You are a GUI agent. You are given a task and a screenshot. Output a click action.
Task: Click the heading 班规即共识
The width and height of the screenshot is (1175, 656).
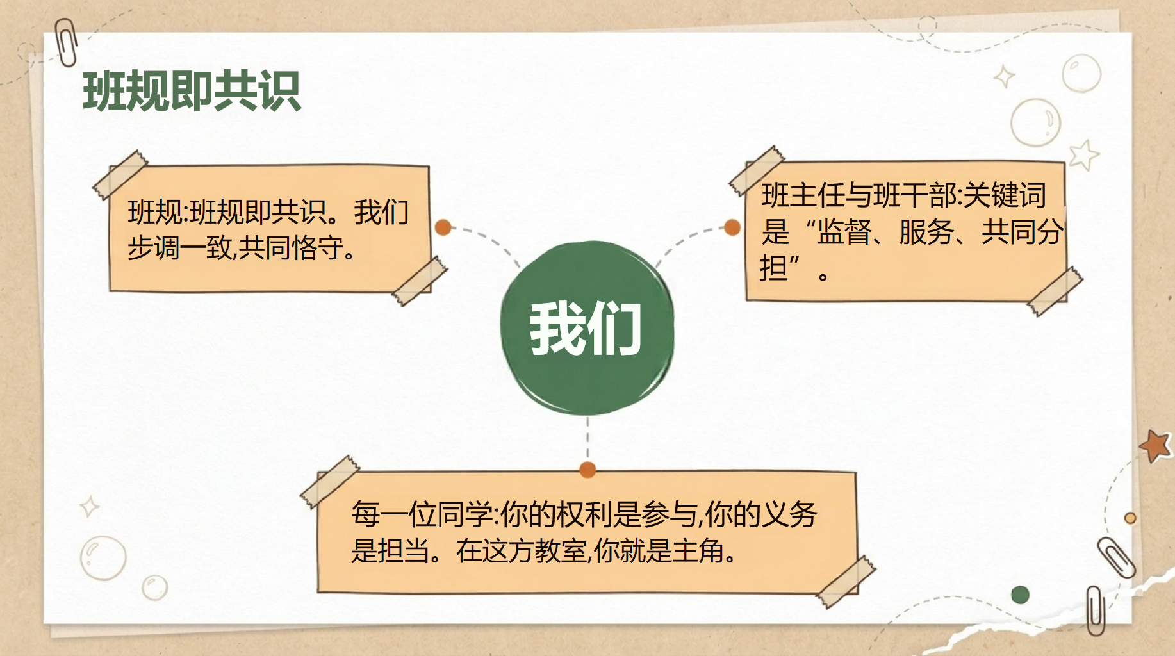pyautogui.click(x=192, y=91)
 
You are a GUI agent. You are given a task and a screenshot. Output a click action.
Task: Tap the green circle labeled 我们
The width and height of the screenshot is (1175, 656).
pyautogui.click(x=587, y=328)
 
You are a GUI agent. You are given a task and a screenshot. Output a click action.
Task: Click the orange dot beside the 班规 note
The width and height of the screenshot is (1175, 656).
pyautogui.click(x=443, y=227)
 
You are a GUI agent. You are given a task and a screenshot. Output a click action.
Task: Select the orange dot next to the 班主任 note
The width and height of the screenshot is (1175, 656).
pyautogui.click(x=732, y=227)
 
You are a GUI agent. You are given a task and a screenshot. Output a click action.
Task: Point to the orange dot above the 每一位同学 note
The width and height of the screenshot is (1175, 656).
pyautogui.click(x=587, y=470)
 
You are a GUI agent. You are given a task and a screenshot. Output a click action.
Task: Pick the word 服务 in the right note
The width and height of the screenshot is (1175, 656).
pyautogui.click(x=926, y=232)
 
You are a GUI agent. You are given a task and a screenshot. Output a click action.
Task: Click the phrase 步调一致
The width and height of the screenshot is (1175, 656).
pyautogui.click(x=179, y=248)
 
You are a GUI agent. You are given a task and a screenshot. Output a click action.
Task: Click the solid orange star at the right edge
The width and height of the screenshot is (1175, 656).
pyautogui.click(x=1156, y=445)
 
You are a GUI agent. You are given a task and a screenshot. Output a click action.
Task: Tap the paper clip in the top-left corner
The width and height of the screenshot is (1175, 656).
pyautogui.click(x=66, y=42)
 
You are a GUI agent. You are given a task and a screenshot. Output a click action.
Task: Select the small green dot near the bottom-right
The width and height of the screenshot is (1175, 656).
pyautogui.click(x=1020, y=594)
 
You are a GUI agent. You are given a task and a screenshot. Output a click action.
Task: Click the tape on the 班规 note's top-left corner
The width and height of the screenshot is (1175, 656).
pyautogui.click(x=120, y=175)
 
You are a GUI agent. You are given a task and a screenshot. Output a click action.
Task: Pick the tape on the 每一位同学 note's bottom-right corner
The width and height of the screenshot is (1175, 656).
pyautogui.click(x=846, y=581)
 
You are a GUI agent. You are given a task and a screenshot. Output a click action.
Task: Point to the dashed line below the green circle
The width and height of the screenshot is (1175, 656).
pyautogui.click(x=587, y=439)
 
